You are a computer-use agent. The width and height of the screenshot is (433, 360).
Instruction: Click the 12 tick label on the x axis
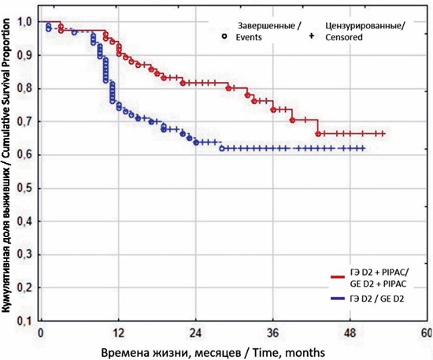click(118, 333)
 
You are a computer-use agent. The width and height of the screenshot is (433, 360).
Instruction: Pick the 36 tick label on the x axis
click(273, 333)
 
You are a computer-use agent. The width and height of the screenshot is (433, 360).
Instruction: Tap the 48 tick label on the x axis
click(350, 333)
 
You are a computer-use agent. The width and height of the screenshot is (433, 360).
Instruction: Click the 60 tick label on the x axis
click(427, 333)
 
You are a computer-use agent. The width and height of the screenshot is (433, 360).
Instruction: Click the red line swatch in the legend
click(338, 276)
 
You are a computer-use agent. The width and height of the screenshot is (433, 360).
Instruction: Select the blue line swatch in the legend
click(338, 299)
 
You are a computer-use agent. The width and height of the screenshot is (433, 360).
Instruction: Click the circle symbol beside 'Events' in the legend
click(225, 36)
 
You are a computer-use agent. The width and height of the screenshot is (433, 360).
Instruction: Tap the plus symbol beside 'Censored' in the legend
click(312, 36)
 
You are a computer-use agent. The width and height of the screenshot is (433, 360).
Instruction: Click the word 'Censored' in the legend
click(344, 37)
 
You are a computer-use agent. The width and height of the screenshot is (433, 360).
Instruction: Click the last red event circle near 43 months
click(318, 134)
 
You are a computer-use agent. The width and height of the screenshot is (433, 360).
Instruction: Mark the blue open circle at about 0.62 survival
click(222, 149)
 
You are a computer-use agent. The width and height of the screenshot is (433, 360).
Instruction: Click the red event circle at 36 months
click(273, 109)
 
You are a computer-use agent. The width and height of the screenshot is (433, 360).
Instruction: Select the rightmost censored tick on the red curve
click(383, 134)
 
